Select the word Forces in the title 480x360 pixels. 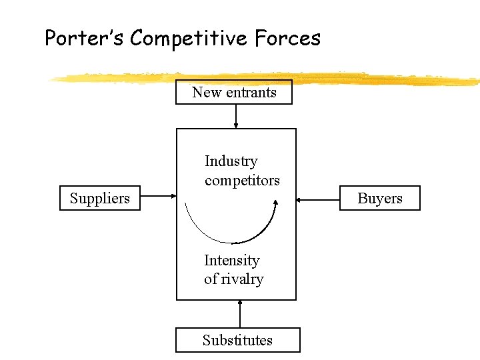[x=287, y=39]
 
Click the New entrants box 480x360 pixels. [x=234, y=92]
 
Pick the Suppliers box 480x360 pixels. [x=100, y=198]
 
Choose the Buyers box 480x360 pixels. [x=380, y=198]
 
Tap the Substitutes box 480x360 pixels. [x=237, y=340]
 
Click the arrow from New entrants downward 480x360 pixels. [x=235, y=116]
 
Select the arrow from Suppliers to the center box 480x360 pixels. [x=158, y=197]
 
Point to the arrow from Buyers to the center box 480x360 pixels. [x=318, y=198]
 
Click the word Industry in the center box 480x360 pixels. [x=231, y=161]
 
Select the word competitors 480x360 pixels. [x=242, y=180]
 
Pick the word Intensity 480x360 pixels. [x=231, y=260]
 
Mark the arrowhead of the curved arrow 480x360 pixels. [x=274, y=207]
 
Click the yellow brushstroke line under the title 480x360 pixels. [x=267, y=78]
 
